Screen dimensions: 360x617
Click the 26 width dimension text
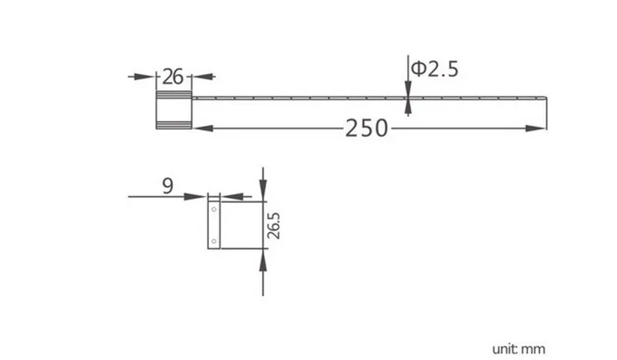click(x=173, y=76)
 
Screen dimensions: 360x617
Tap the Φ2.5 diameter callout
click(x=434, y=69)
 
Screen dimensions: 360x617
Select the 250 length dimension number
click(x=366, y=127)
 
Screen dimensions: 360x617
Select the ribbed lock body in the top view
click(x=174, y=108)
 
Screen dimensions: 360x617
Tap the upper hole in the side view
click(x=214, y=209)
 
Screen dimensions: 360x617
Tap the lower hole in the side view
click(x=214, y=242)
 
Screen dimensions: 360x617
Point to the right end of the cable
click(x=546, y=99)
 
